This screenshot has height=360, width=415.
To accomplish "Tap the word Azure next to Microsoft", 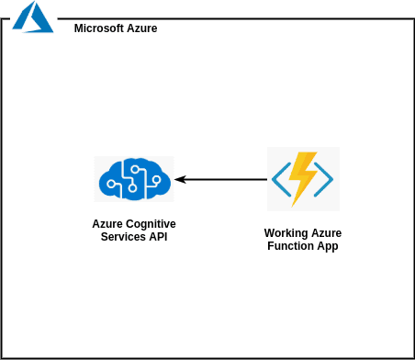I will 141,28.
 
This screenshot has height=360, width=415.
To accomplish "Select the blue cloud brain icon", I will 133,178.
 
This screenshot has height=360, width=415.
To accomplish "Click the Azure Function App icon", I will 303,178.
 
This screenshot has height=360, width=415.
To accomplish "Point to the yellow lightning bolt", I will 302,178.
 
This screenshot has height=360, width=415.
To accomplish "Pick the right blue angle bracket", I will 326,179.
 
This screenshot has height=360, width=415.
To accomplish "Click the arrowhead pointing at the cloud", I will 181,179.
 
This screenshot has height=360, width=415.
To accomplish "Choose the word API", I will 158,237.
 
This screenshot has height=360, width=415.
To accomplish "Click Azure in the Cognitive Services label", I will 107,224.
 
